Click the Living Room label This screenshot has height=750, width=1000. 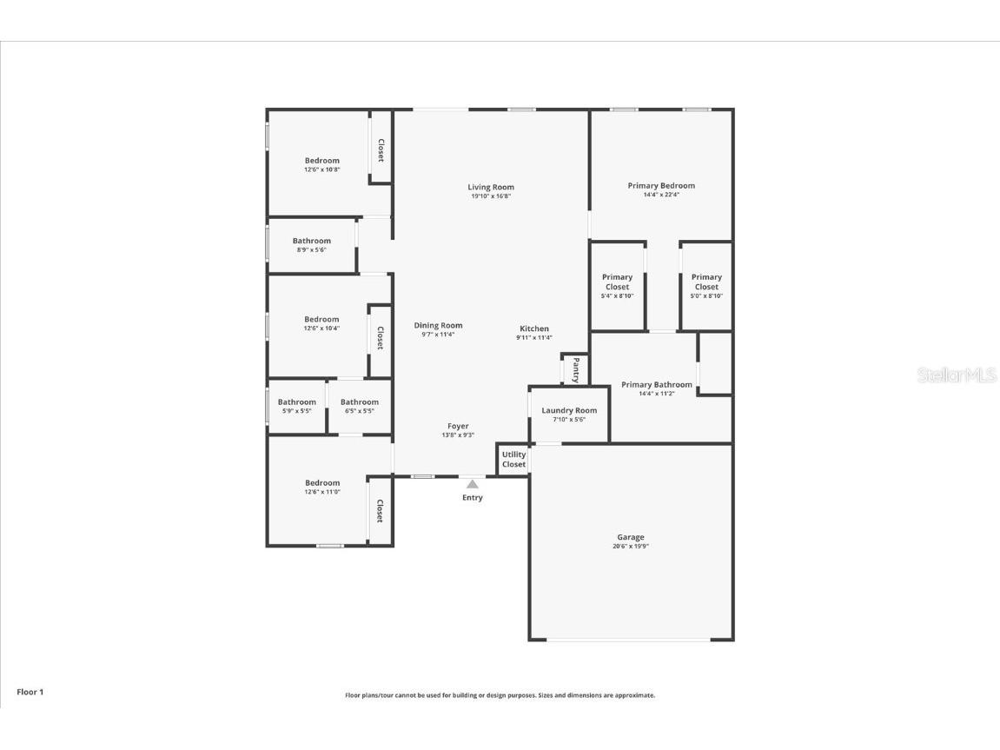pos(491,187)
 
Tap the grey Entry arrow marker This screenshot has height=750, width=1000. pos(472,484)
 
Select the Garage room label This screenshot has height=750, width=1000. pos(631,537)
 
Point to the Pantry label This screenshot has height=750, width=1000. pos(575,369)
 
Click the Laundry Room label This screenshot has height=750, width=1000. pos(569,410)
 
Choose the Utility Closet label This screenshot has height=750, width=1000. pos(513,459)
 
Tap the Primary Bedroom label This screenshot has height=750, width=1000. pos(661,185)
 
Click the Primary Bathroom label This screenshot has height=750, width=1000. pos(657,384)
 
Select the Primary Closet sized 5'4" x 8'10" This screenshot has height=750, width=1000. pos(618,286)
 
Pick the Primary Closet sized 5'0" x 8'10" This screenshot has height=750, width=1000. pos(706,286)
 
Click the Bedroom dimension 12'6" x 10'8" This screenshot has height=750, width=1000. pos(321,170)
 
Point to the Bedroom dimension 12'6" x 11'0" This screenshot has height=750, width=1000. pos(321,493)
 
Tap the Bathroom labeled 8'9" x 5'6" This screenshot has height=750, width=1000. pos(311,245)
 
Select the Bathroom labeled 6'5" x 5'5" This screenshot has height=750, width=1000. pos(359,406)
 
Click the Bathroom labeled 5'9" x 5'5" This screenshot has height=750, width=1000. pos(296,406)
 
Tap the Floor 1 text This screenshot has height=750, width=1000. pos(30,692)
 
